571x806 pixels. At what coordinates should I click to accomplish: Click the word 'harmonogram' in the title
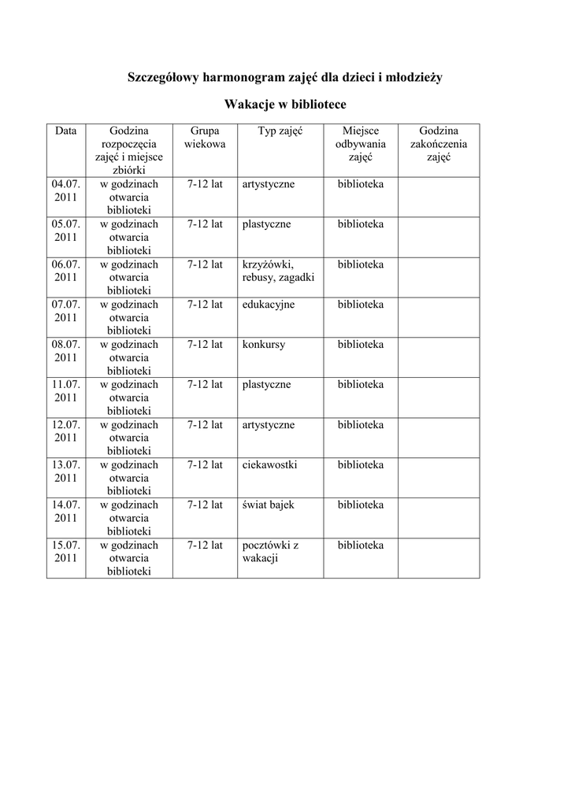(x=240, y=77)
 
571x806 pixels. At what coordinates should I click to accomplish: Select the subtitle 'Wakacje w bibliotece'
(x=285, y=104)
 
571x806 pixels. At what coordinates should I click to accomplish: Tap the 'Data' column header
(x=66, y=131)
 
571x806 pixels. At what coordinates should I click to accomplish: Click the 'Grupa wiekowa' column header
(x=205, y=138)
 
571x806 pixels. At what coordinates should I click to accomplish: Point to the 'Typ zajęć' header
(x=280, y=131)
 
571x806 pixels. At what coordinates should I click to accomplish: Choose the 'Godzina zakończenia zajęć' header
(x=439, y=144)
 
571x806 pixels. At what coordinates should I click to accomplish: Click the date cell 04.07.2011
(x=66, y=190)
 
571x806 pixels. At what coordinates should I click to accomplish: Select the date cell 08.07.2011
(x=66, y=350)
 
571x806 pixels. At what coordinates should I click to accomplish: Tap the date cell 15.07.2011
(x=66, y=551)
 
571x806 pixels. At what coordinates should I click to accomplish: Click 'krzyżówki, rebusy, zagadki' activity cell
(x=279, y=271)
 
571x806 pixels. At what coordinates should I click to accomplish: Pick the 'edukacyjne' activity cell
(x=269, y=305)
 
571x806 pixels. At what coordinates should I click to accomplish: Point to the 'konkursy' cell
(x=264, y=345)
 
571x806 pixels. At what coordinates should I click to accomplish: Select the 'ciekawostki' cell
(x=270, y=465)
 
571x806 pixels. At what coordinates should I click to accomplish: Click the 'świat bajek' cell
(x=269, y=505)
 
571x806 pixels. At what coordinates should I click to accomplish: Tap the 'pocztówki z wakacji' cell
(x=270, y=552)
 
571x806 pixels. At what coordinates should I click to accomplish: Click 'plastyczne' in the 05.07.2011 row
(x=267, y=224)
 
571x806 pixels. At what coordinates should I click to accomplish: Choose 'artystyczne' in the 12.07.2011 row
(x=269, y=425)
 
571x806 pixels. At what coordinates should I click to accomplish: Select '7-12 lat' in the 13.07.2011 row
(x=205, y=465)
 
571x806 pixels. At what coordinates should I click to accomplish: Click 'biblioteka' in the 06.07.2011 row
(x=361, y=264)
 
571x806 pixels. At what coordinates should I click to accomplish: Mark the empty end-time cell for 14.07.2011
(x=439, y=517)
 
